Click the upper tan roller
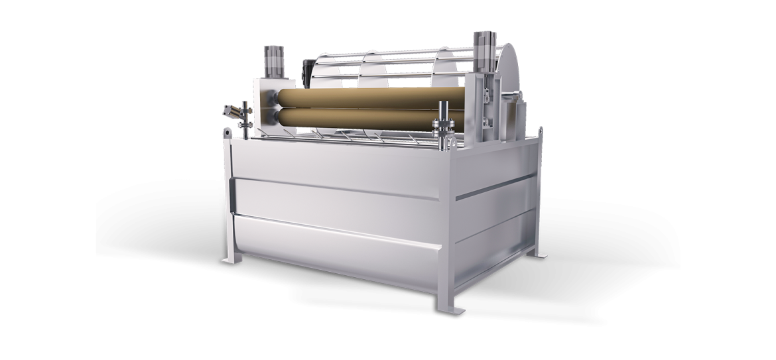pos(365,100)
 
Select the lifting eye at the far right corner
pos(541,133)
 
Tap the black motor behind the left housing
pos(306,70)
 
